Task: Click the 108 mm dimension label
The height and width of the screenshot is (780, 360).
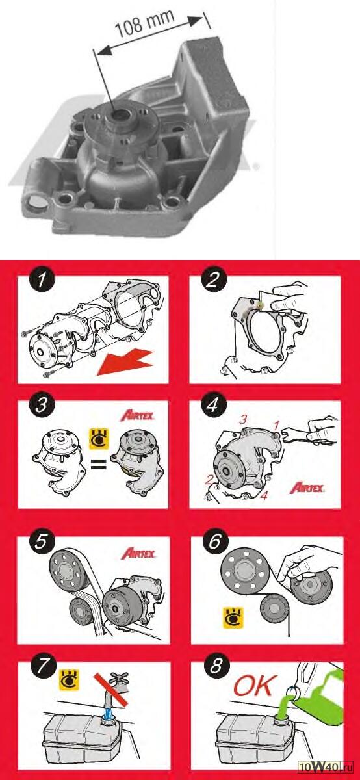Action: [144, 23]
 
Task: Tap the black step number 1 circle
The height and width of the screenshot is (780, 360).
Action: [42, 279]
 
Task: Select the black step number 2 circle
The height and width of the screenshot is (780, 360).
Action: [213, 279]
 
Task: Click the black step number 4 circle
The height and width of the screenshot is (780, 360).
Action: [212, 404]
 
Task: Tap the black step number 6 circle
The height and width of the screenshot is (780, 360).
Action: [214, 541]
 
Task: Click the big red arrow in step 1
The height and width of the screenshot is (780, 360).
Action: [125, 363]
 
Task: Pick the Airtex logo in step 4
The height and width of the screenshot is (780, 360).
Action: [307, 487]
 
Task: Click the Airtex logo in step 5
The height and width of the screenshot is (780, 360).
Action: [138, 553]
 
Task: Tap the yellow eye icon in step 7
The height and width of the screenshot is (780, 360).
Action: [70, 679]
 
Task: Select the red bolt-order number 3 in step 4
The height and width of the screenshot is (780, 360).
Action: [242, 420]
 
